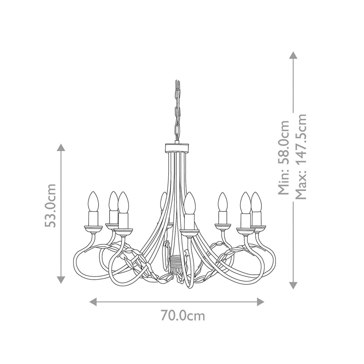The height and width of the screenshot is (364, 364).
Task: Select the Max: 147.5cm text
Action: [x=301, y=157]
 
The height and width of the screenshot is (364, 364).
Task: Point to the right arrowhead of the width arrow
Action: [x=261, y=301]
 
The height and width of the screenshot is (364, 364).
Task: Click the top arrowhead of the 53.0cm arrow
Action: [x=61, y=148]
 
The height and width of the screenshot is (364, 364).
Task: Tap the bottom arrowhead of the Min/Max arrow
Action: [x=293, y=285]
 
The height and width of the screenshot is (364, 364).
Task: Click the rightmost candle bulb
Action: [x=257, y=201]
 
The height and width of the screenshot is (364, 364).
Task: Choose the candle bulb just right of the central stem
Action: [x=190, y=203]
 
